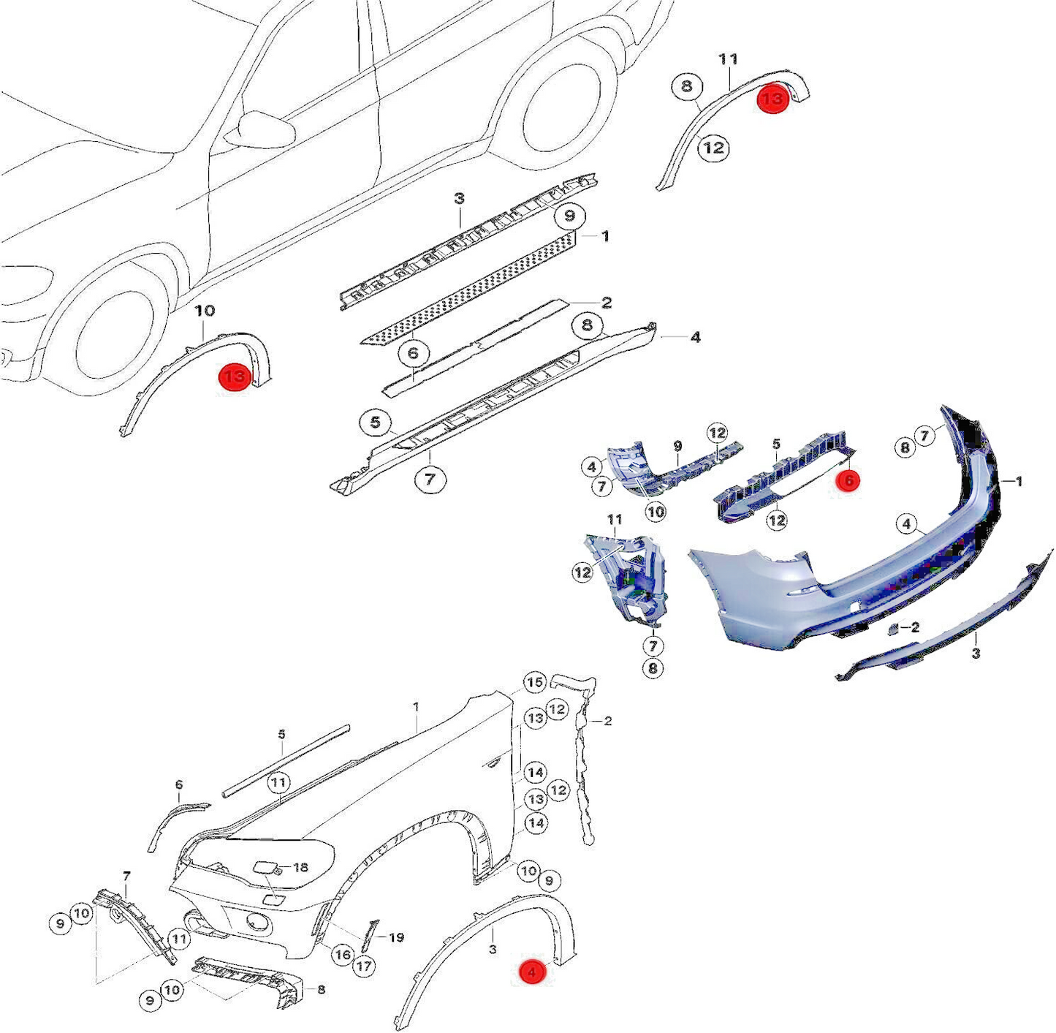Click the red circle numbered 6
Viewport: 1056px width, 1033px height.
tap(848, 480)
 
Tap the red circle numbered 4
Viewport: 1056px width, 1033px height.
tap(532, 972)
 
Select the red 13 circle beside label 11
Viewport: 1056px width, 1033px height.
tap(772, 98)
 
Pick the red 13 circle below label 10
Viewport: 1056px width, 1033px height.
tap(235, 377)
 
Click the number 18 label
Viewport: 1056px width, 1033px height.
tap(300, 867)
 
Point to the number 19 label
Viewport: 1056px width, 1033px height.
tap(396, 937)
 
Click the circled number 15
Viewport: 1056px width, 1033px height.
tap(535, 682)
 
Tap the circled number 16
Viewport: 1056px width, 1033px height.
tap(342, 954)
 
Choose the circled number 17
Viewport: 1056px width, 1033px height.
tap(363, 966)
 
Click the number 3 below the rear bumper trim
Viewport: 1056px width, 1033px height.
tap(976, 653)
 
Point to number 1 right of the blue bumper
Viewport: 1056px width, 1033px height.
tap(1019, 481)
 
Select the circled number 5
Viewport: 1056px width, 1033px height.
tap(375, 423)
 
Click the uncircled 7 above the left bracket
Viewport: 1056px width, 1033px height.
tap(126, 876)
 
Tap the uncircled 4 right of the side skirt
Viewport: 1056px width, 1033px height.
tap(695, 337)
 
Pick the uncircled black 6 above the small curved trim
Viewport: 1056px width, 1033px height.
tap(179, 784)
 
